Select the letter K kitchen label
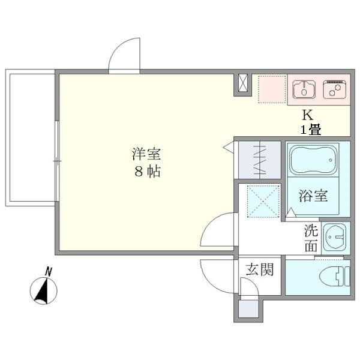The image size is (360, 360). pyautogui.click(x=307, y=115)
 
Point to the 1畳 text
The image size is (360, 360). pyautogui.click(x=311, y=130)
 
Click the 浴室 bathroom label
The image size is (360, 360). pyautogui.click(x=313, y=195)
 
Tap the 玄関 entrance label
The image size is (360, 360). pyautogui.click(x=259, y=270)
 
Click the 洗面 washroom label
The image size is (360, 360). pyautogui.click(x=311, y=238)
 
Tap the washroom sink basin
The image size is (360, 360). pyautogui.click(x=335, y=238)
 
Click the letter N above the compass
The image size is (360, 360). pyautogui.click(x=49, y=271)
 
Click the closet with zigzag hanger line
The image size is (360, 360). pyautogui.click(x=259, y=159)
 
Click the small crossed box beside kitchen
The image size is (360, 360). pyautogui.click(x=242, y=84)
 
